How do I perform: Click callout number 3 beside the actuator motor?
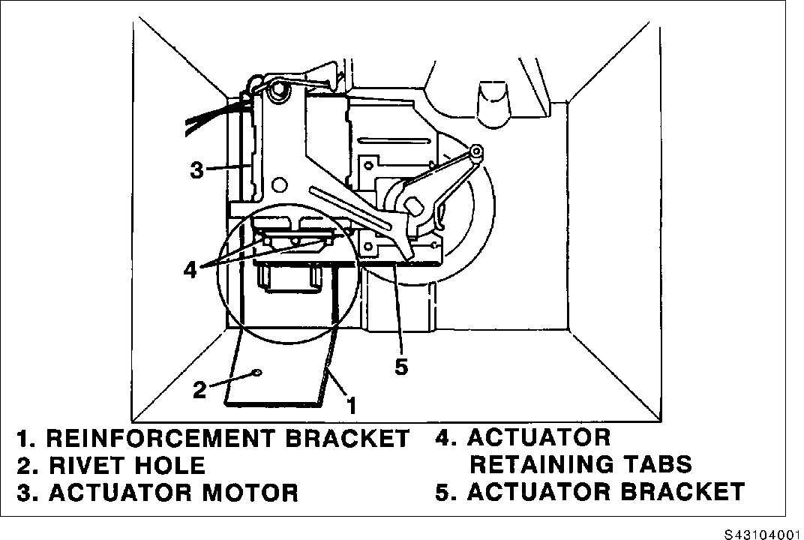click(x=196, y=170)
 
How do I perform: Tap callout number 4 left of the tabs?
click(x=190, y=269)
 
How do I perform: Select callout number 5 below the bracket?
click(x=402, y=368)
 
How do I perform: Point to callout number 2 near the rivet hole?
click(x=199, y=389)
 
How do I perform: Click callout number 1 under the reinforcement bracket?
click(x=349, y=405)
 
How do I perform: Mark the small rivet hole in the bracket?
click(x=257, y=372)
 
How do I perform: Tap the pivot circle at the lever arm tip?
click(x=475, y=153)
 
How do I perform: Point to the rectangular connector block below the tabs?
click(x=287, y=280)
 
